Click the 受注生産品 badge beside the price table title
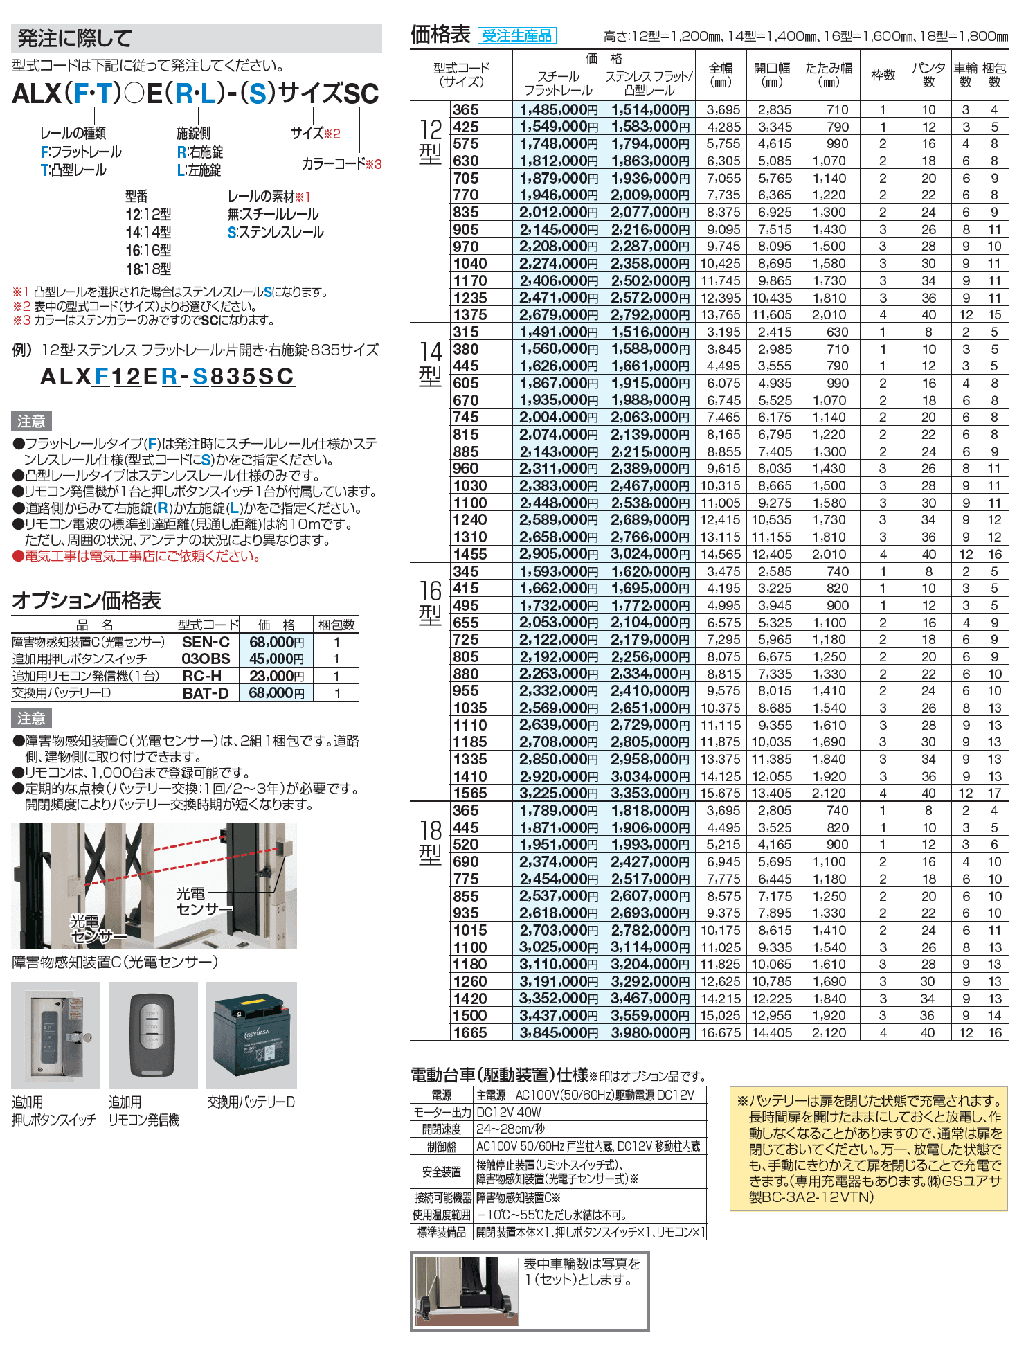pos(516,35)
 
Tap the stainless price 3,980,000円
pos(649,1032)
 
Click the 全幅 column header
pos(721,75)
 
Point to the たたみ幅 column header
pos(828,75)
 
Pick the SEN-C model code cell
pos(206,642)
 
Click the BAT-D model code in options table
pos(206,693)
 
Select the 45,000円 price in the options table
pos(276,659)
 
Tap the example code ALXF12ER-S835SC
pos(168,376)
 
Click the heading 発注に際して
pos(75,38)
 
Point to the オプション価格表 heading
pos(87,600)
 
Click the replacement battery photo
pos(252,1035)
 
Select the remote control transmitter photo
pos(152,1035)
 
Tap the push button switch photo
pos(55,1035)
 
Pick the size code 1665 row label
pos(470,1032)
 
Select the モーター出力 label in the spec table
pos(442,1112)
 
